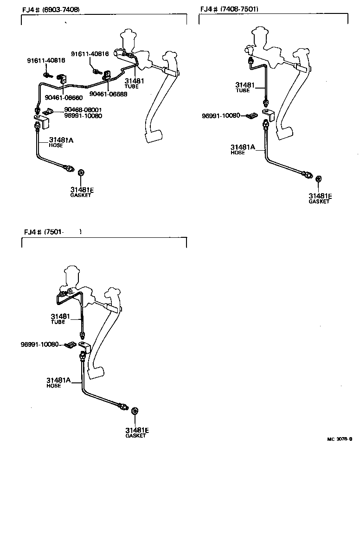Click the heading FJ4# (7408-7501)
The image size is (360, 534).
click(x=230, y=9)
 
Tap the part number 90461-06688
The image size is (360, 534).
click(x=108, y=94)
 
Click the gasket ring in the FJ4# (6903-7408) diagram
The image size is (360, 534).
click(x=81, y=173)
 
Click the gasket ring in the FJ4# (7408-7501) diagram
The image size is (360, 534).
click(x=319, y=179)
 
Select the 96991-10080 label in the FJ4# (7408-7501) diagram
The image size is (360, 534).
click(x=221, y=115)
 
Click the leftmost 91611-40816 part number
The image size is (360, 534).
click(x=46, y=60)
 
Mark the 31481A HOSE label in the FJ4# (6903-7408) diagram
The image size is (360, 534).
click(x=62, y=142)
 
